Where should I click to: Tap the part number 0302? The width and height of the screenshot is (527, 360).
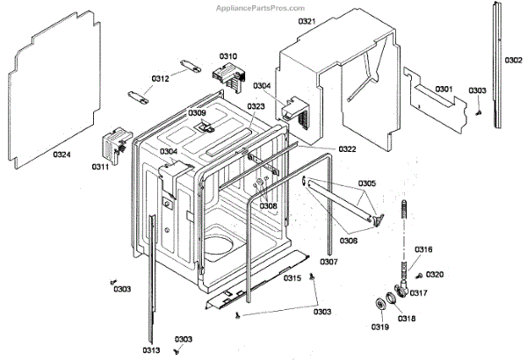514,60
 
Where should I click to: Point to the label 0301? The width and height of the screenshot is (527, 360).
444,90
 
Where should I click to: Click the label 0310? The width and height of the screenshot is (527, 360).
228,56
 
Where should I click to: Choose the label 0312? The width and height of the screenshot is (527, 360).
159,79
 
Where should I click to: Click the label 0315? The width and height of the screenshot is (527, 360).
292,278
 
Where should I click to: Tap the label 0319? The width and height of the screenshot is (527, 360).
379,328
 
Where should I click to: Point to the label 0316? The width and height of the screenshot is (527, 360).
424,250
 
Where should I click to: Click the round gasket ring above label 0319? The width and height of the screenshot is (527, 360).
380,304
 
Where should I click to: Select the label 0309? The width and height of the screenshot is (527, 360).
197,113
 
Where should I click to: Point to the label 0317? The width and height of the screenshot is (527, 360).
419,293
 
